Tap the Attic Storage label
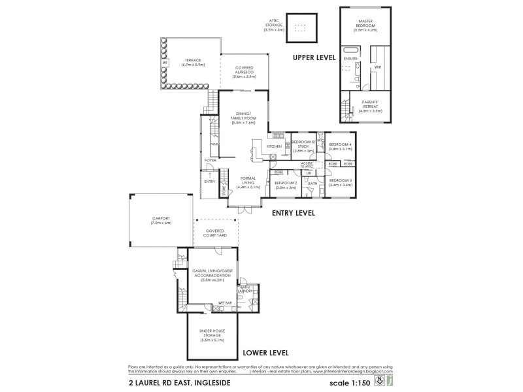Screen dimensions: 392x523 coord(273,25)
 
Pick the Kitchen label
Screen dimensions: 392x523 coord(275,146)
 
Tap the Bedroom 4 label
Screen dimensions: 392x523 coord(341,146)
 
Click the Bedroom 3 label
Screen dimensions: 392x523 coord(341,182)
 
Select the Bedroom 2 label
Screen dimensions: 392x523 coord(286,185)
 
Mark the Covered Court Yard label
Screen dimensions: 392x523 coord(216,233)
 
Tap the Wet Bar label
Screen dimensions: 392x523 coord(225,303)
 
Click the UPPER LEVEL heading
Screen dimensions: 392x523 coord(314,57)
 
